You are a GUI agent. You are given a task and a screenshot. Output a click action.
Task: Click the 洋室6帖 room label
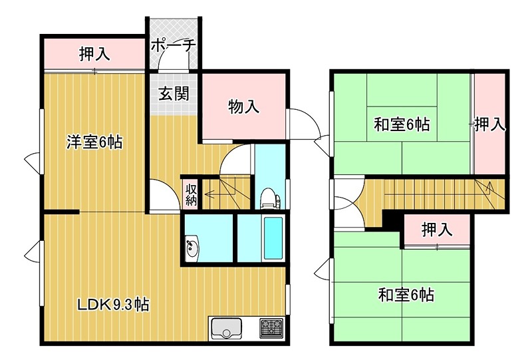pos(94,142)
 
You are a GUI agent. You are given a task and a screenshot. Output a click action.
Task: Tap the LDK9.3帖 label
pos(112,305)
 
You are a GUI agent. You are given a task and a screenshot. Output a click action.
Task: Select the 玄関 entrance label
pos(173,93)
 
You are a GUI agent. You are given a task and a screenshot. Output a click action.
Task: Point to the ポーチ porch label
pos(173,45)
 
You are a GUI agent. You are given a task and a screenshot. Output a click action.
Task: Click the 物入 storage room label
pos(243,106)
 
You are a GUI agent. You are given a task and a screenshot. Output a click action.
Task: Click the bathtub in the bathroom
pos(273,238)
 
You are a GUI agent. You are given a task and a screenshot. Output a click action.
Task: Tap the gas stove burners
pos(271,327)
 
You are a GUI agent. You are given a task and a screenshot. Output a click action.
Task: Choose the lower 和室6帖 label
pos(406,293)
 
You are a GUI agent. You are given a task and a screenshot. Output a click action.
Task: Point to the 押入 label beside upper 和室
pos(490,124)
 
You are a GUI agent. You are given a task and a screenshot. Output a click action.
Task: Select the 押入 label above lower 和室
pos(437,230)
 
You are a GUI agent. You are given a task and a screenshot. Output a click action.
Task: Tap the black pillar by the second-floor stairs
pos(391,219)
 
